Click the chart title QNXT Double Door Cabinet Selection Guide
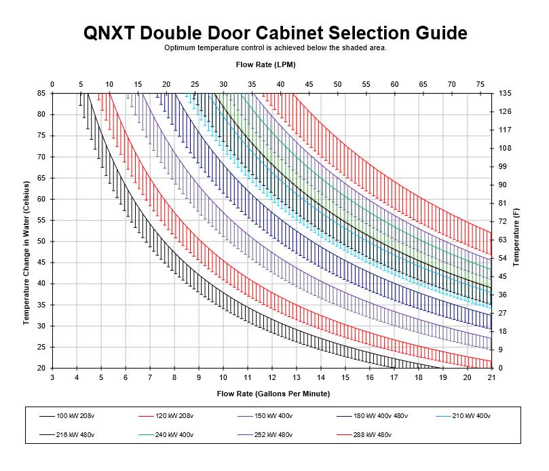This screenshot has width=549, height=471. pos(275,33)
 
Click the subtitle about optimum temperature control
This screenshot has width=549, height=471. pos(275,48)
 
